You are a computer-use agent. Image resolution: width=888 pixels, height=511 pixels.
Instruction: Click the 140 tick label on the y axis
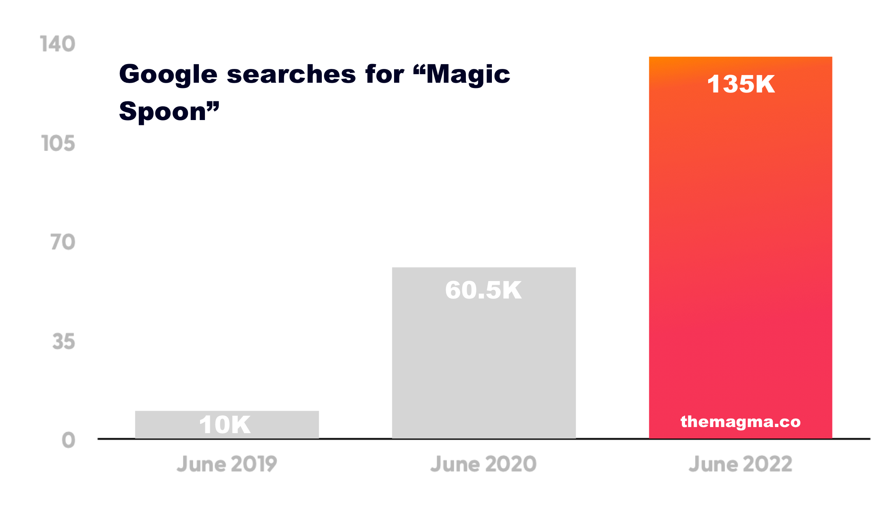click(58, 44)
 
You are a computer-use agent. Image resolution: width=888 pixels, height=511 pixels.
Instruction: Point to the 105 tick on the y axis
click(58, 144)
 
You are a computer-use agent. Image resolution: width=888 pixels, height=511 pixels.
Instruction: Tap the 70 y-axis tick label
click(63, 242)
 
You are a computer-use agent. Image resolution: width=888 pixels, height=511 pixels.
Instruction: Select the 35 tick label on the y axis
click(63, 341)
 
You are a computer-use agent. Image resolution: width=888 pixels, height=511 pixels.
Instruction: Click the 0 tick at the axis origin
click(68, 440)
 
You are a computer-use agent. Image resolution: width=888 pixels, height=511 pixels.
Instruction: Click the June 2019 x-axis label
click(226, 464)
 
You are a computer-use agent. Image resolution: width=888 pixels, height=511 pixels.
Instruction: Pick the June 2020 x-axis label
click(483, 464)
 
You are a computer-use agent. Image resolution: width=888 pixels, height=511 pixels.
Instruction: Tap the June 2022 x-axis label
click(740, 464)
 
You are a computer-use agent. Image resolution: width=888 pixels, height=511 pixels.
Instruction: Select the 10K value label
click(225, 425)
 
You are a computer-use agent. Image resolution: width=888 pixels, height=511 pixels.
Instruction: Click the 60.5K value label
click(483, 290)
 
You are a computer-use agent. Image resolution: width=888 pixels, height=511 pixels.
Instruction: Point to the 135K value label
click(741, 84)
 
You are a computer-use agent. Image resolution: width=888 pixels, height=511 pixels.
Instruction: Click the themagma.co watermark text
click(740, 422)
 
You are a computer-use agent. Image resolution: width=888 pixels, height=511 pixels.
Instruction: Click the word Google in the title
click(168, 75)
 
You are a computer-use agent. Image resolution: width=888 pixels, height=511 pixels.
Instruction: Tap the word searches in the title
click(291, 74)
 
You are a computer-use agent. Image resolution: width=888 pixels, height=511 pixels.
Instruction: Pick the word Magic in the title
click(468, 75)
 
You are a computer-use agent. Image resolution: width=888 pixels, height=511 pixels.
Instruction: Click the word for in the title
click(384, 74)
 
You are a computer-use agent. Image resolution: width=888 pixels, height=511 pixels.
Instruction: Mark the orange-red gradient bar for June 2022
click(740, 243)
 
